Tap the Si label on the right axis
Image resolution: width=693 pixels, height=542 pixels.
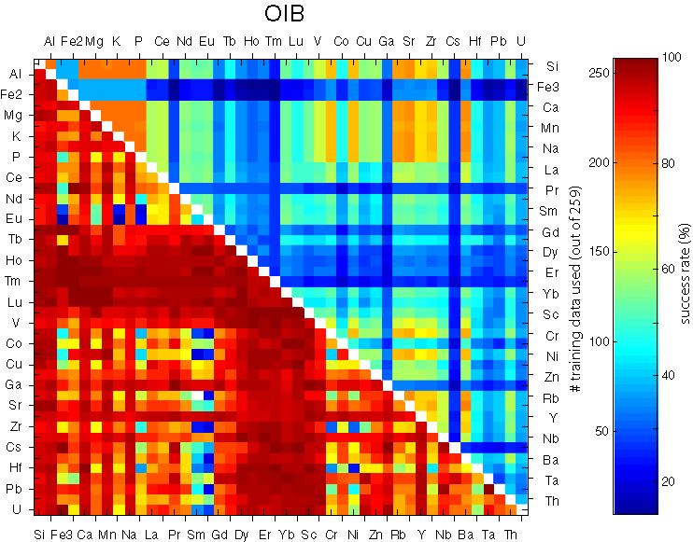coord(551,67)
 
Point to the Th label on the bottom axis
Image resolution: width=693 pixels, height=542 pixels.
coord(511,535)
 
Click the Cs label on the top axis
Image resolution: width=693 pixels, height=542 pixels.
coord(453,42)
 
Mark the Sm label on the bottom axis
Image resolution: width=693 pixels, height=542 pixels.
coord(197,535)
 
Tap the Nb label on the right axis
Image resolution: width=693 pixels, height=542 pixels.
coord(553,438)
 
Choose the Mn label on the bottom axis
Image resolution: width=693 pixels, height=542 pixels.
coord(106,535)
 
